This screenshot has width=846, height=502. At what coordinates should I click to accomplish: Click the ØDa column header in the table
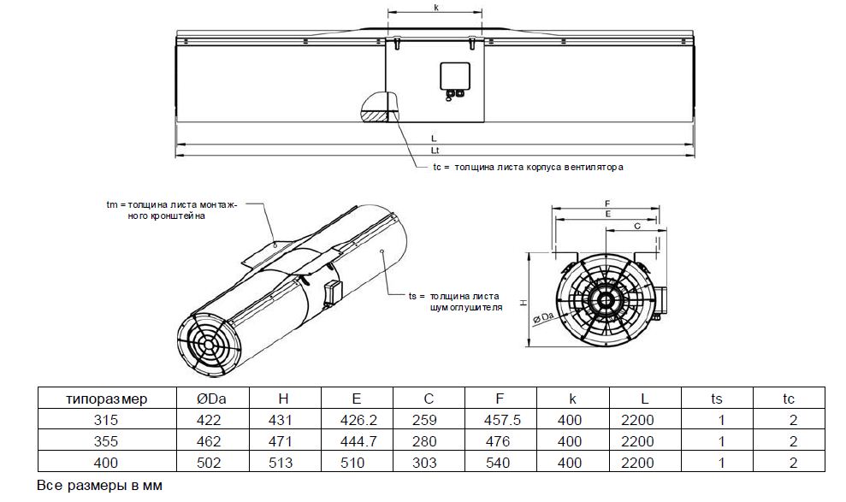point(211,399)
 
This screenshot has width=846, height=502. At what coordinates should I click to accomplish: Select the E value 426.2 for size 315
point(358,420)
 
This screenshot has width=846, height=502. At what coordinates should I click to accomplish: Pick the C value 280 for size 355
point(424,441)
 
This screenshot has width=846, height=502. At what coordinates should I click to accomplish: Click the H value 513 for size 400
point(281,463)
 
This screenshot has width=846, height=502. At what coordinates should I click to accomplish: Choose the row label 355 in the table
point(106,441)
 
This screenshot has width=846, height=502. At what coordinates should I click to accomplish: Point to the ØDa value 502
point(209,463)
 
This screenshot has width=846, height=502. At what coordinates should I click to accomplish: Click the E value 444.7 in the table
point(358,441)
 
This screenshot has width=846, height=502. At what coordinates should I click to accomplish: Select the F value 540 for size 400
point(498,463)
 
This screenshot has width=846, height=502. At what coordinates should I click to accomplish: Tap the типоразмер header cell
point(106,399)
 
